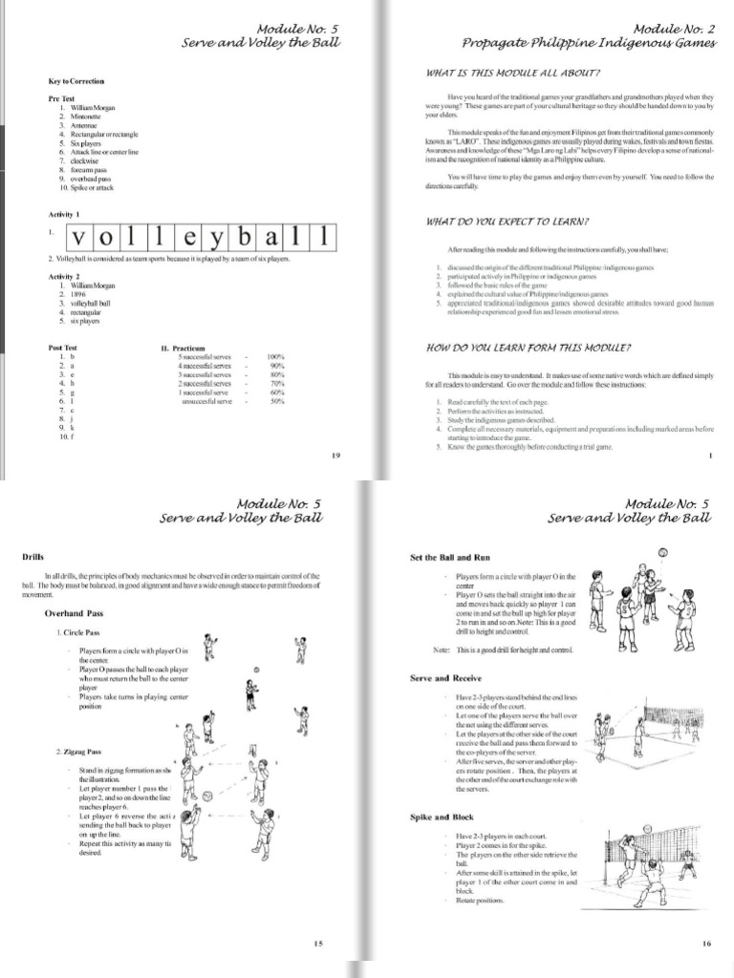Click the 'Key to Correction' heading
tap(76, 81)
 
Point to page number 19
tap(335, 456)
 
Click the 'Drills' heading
tap(33, 557)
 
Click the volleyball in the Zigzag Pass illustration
tap(205, 796)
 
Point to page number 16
tap(706, 945)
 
